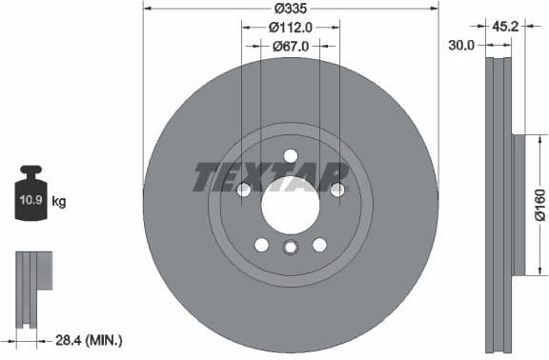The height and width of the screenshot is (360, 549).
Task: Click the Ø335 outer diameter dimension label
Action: (291, 9)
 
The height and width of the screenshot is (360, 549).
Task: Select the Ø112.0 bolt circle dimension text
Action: (291, 28)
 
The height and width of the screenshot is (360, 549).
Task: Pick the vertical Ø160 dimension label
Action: (539, 206)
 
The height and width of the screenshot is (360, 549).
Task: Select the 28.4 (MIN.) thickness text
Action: (90, 340)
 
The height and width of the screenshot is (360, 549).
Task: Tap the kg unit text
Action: (59, 202)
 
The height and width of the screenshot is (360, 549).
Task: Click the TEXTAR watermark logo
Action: (272, 177)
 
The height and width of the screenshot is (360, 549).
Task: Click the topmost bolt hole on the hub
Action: (291, 156)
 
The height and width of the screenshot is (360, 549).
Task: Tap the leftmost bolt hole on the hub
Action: (243, 190)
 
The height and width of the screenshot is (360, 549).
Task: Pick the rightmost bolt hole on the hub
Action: (337, 190)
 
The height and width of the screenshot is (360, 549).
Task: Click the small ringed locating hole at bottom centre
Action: (291, 249)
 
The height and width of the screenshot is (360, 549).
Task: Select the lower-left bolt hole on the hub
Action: (261, 245)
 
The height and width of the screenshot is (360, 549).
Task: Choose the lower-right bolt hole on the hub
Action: (319, 245)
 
